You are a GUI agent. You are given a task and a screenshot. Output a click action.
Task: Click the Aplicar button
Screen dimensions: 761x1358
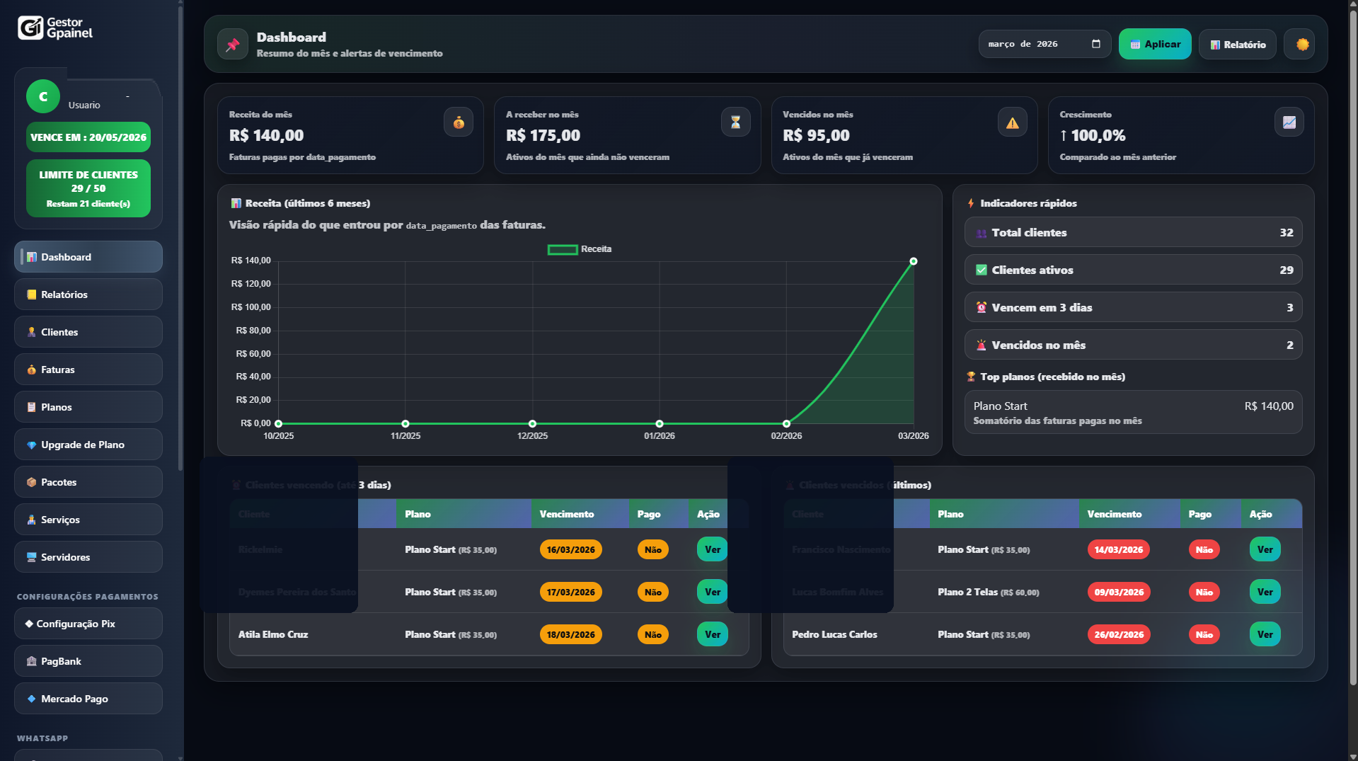point(1154,44)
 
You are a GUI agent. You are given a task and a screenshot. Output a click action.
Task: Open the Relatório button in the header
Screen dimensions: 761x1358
point(1237,45)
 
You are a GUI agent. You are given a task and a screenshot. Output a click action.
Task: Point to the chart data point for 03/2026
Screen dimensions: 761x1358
point(914,261)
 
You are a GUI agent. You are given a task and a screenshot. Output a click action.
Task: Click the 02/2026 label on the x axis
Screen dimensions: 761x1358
point(786,436)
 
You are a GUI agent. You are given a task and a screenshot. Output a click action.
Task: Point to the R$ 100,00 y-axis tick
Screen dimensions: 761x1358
point(251,307)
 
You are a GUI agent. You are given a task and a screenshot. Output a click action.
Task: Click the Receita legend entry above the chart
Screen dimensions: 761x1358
point(580,249)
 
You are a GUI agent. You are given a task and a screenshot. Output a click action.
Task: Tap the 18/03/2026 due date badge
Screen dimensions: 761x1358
point(570,635)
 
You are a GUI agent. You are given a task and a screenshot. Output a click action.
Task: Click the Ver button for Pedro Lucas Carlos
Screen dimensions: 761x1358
point(1265,635)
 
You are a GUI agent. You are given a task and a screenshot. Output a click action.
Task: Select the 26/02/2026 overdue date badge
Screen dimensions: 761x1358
point(1118,635)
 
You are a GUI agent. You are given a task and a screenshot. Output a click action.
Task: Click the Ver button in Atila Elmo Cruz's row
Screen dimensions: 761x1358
point(712,635)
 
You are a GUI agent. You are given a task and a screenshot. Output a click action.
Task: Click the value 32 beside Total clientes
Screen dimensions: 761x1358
point(1286,233)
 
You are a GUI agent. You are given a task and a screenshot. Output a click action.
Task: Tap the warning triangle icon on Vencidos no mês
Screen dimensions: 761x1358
point(1012,123)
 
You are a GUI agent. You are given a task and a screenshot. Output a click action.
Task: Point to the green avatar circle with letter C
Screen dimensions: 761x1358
point(43,97)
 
